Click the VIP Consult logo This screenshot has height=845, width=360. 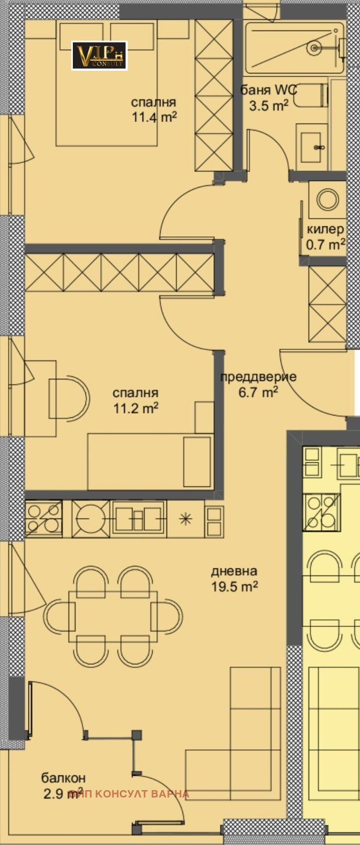[x=99, y=55]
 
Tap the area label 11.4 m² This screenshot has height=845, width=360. [x=154, y=117]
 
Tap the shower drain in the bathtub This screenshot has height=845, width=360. [x=315, y=48]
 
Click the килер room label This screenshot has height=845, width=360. [x=325, y=230]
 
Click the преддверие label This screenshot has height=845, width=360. [x=258, y=377]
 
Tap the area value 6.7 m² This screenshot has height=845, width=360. [x=258, y=392]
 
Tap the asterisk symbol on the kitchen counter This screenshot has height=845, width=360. [x=185, y=518]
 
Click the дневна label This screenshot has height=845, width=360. [x=234, y=571]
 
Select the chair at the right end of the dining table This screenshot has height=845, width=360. [x=167, y=615]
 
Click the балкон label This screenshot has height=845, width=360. [x=63, y=778]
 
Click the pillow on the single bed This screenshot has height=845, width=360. [x=196, y=461]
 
